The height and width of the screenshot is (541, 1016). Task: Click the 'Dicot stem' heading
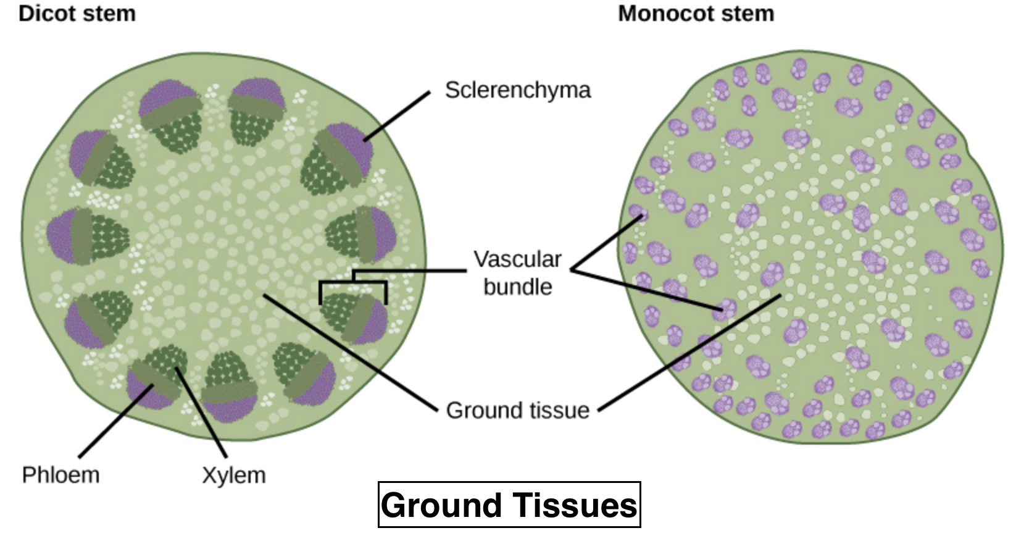click(77, 14)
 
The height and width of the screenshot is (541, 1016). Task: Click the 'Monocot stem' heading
click(696, 14)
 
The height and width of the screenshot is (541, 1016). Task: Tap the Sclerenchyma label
click(517, 90)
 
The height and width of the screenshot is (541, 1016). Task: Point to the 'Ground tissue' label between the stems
click(517, 410)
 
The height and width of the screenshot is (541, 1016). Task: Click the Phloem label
click(60, 475)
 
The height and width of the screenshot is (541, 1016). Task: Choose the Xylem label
click(234, 475)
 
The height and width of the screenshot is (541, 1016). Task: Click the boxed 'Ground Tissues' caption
click(509, 505)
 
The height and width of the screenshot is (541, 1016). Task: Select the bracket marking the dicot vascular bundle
click(353, 283)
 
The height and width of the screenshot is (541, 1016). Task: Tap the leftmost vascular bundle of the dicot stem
click(86, 236)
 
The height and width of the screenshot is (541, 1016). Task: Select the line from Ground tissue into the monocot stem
click(688, 352)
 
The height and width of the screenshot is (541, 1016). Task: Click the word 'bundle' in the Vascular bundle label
click(517, 287)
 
